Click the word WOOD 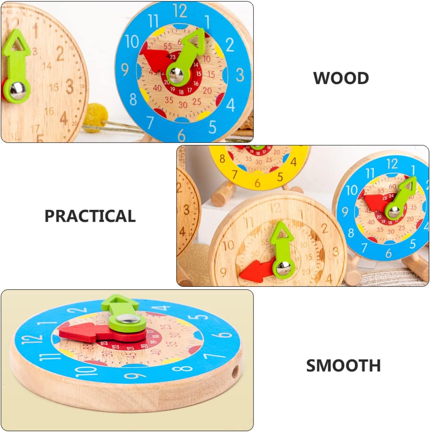pyautogui.click(x=341, y=78)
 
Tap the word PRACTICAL pyautogui.click(x=90, y=216)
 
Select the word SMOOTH pyautogui.click(x=343, y=366)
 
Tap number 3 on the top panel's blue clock pyautogui.click(x=239, y=75)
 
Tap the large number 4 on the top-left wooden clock pyautogui.click(x=64, y=118)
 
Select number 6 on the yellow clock pyautogui.click(x=257, y=183)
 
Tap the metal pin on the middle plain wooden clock pyautogui.click(x=283, y=266)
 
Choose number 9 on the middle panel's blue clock pyautogui.click(x=345, y=212)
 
